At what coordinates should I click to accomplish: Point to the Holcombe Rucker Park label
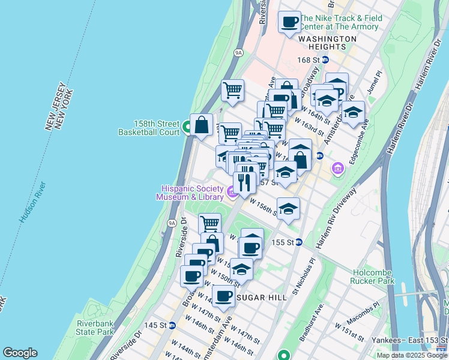click(373, 276)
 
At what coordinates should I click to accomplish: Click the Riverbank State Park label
click(95, 328)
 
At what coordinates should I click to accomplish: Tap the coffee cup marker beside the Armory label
click(290, 22)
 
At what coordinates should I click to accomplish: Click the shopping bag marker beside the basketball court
click(202, 125)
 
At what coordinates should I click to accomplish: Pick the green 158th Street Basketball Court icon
click(187, 127)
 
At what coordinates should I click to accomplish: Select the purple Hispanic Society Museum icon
click(232, 192)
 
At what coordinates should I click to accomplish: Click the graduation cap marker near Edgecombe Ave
click(353, 112)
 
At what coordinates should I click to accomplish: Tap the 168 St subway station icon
click(325, 60)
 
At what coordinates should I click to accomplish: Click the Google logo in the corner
click(20, 353)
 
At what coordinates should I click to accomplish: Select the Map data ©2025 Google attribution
click(412, 356)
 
